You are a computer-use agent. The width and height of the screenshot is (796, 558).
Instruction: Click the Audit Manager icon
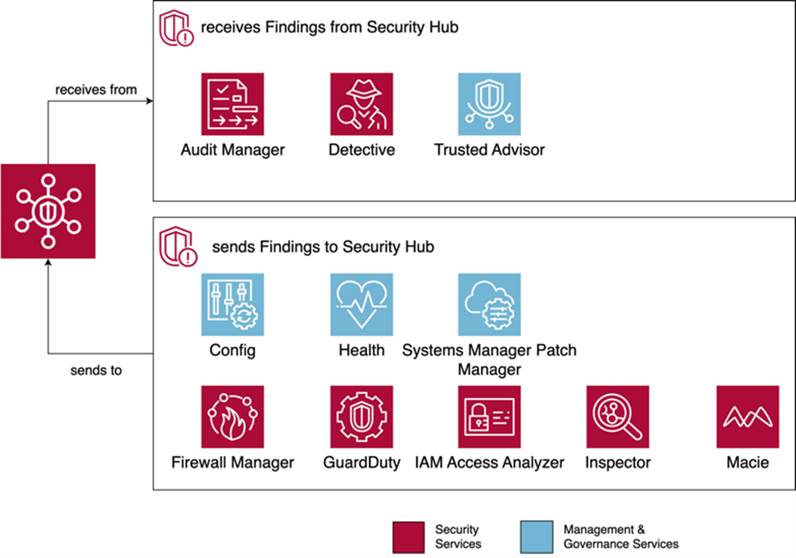[x=233, y=104]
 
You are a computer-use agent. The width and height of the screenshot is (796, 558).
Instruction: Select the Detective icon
[x=361, y=104]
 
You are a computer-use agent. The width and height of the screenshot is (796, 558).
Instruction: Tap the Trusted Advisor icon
[x=489, y=104]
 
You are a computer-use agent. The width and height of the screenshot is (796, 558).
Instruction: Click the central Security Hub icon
[x=48, y=211]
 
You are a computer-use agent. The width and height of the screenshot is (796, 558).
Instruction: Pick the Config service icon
[x=233, y=305]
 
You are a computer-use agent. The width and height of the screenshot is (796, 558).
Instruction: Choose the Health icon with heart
[x=361, y=305]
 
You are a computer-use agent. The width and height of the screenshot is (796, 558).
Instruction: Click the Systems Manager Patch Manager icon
[x=489, y=305]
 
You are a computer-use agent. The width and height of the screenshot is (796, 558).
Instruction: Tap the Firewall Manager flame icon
[x=233, y=417]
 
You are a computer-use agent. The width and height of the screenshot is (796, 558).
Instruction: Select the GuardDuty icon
[x=361, y=417]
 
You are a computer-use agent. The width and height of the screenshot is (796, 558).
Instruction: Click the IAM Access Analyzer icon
[x=489, y=417]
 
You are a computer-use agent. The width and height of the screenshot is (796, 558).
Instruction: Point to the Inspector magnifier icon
[x=618, y=417]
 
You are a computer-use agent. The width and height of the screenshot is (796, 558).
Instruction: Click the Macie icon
[x=747, y=417]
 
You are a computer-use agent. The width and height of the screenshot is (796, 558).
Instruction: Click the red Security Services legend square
[x=408, y=537]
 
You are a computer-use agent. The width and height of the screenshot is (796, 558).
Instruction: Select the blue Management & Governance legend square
[x=536, y=537]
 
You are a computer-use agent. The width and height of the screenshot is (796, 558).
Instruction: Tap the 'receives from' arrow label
[x=96, y=90]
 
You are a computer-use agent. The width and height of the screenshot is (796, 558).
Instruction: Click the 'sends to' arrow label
[x=96, y=371]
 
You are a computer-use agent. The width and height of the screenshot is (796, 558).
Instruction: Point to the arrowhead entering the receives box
[x=149, y=101]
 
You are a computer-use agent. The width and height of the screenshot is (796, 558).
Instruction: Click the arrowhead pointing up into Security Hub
[x=48, y=263]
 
